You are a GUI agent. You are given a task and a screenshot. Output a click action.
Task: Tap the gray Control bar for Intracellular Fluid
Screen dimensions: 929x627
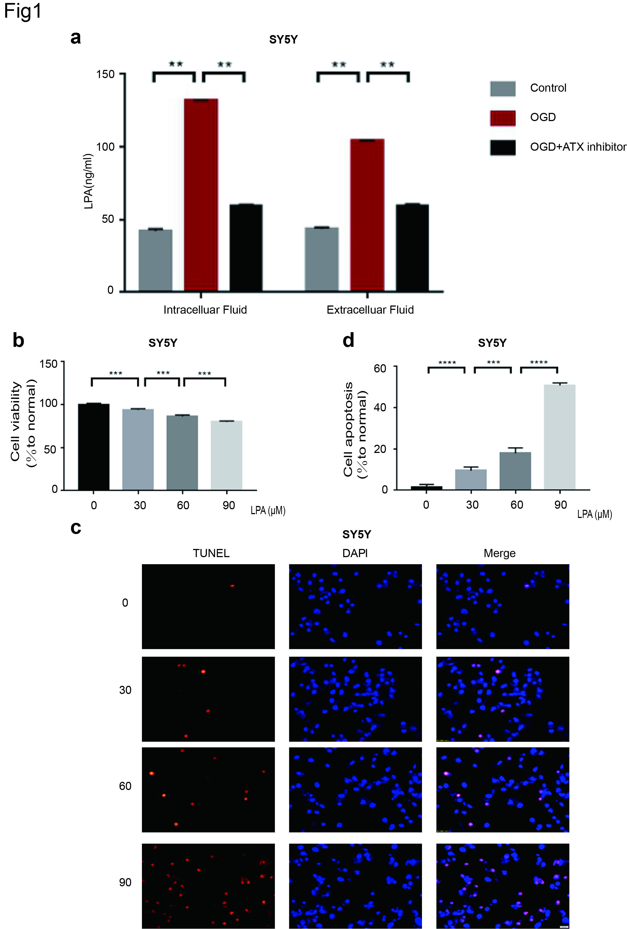click(x=156, y=260)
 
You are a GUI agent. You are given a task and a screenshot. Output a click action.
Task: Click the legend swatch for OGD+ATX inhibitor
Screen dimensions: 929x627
click(x=502, y=147)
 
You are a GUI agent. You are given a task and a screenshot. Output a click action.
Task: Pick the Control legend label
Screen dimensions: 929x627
click(x=548, y=88)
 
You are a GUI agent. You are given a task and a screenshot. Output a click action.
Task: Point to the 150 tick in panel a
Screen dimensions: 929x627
click(x=105, y=74)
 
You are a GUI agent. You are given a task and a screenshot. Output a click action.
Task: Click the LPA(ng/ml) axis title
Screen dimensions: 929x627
click(x=89, y=182)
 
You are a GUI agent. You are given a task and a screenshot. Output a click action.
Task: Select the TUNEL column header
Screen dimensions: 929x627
click(x=211, y=553)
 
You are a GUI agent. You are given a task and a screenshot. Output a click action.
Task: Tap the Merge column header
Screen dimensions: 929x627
click(x=499, y=553)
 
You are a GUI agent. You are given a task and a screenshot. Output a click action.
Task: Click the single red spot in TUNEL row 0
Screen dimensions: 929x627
click(x=232, y=586)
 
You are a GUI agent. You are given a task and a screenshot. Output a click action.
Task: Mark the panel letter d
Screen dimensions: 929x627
click(x=349, y=341)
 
